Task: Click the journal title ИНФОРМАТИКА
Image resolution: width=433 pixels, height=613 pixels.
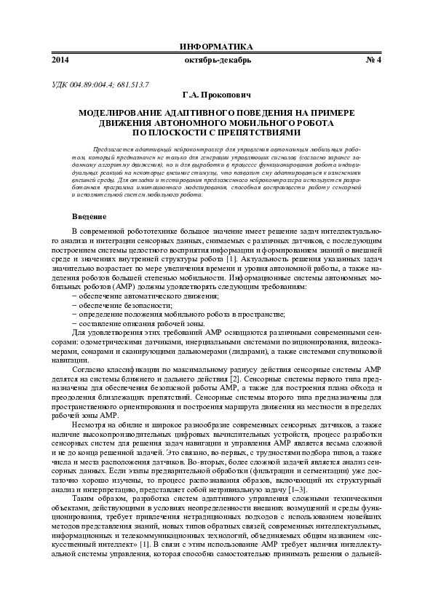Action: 216,46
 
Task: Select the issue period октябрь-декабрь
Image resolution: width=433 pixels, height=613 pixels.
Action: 216,60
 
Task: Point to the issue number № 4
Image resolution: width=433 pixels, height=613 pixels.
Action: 373,60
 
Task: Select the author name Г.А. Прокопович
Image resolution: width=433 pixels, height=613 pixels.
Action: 216,95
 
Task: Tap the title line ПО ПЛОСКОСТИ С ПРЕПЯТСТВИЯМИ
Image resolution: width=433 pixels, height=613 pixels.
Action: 216,133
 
